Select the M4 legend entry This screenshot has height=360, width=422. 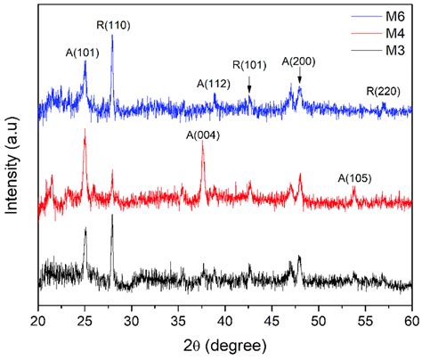click(394, 32)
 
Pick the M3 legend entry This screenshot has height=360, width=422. click(394, 49)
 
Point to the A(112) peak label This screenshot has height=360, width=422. click(214, 84)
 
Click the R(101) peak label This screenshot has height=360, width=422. click(249, 65)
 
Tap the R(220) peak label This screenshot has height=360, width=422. click(383, 91)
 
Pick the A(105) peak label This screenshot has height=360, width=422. click(354, 178)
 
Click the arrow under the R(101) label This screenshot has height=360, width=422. click(249, 84)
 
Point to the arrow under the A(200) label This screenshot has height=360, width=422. click(299, 78)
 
